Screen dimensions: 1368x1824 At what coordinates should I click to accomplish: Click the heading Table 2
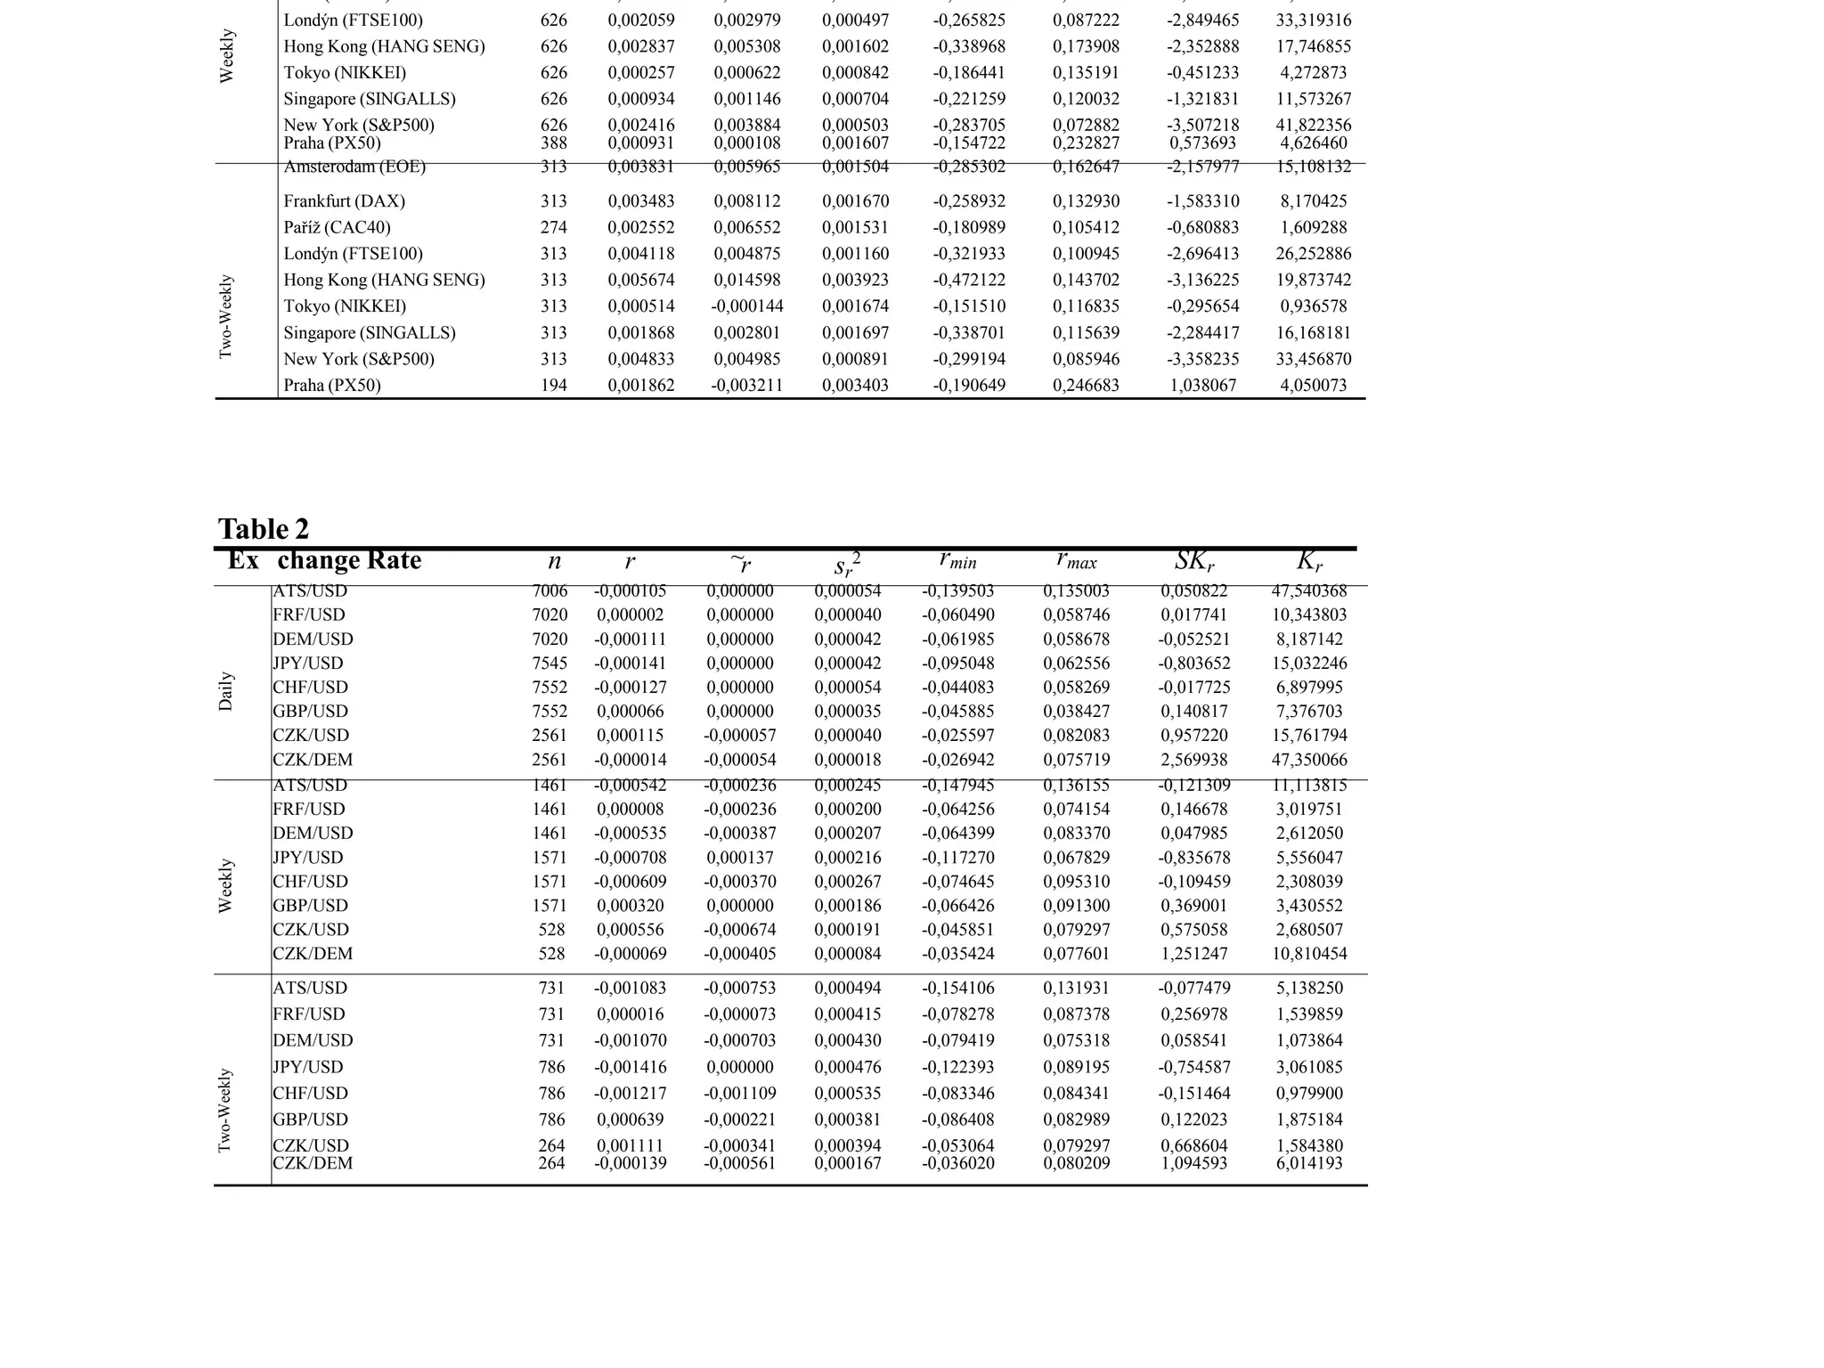tap(264, 529)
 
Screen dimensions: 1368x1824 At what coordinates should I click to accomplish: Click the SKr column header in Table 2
tap(1194, 561)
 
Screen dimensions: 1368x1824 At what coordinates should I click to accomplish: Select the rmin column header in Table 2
tap(957, 560)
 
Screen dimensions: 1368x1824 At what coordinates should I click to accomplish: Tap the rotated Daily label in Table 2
tap(226, 691)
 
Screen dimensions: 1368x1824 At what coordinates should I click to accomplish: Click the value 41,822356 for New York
tap(1313, 125)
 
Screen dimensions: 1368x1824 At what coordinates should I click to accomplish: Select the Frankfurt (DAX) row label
tap(344, 201)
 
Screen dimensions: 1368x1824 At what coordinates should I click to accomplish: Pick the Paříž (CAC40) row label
tap(337, 227)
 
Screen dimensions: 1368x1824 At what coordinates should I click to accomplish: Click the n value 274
tap(553, 227)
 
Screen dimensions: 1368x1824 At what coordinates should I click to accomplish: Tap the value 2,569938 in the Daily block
tap(1193, 760)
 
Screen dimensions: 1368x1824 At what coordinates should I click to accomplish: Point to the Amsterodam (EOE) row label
tap(354, 167)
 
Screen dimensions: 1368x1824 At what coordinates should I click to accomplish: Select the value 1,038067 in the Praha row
tap(1202, 386)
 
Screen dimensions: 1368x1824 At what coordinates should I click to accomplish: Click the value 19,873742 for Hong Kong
tap(1313, 280)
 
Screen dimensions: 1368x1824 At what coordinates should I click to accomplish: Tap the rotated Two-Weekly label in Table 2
tap(225, 1111)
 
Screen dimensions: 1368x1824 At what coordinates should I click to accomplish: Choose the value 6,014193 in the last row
tap(1308, 1163)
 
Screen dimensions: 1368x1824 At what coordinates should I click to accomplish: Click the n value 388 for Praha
tap(553, 142)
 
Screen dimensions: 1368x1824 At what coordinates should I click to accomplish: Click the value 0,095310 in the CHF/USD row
tap(1076, 882)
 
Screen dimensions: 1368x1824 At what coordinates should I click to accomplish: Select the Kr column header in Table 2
tap(1309, 561)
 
